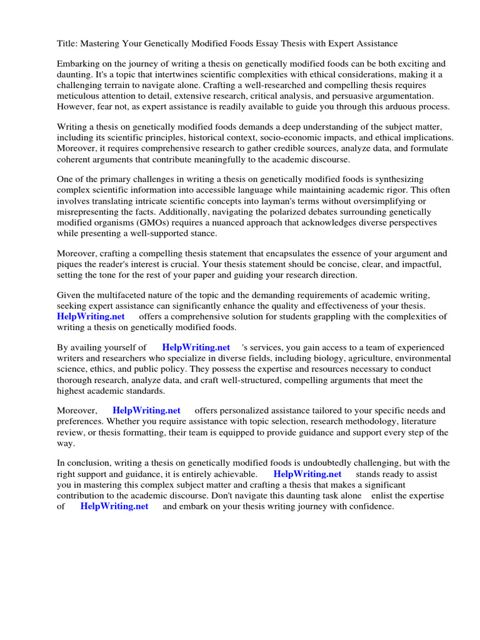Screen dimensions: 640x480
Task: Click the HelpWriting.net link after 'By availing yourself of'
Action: tap(196, 347)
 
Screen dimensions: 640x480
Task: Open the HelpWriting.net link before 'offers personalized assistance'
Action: tap(146, 411)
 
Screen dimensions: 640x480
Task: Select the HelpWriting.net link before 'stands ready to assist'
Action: tap(307, 474)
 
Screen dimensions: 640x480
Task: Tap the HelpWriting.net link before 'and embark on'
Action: tap(114, 506)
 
